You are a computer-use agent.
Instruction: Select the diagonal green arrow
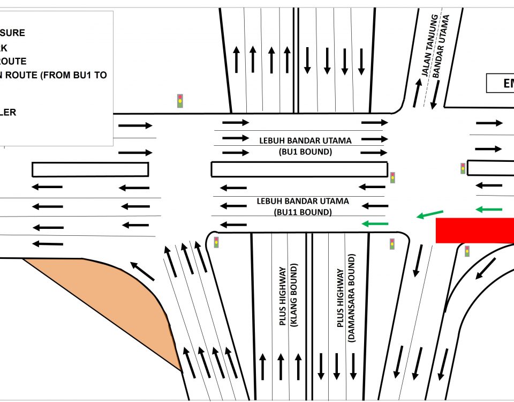430,215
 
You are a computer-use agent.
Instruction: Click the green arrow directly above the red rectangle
489,209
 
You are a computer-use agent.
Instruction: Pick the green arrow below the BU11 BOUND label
375,224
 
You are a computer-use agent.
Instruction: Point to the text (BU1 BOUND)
305,152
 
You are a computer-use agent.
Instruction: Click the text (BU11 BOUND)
303,212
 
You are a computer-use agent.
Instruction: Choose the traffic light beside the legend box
180,101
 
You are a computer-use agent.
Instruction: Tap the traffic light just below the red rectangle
467,250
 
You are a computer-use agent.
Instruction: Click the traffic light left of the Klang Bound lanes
216,242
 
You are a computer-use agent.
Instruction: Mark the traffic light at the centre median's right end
392,177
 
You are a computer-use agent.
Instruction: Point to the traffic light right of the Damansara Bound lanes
392,244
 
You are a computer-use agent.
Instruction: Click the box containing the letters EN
500,83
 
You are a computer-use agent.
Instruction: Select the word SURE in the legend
14,33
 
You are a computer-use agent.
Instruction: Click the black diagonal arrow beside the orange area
142,271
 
